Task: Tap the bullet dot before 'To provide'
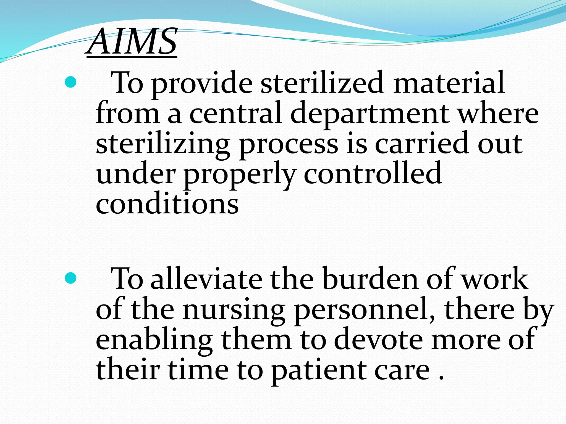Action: pos(70,82)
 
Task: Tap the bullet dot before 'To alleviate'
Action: pos(70,278)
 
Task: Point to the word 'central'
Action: pos(236,113)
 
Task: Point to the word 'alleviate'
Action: pos(206,279)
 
